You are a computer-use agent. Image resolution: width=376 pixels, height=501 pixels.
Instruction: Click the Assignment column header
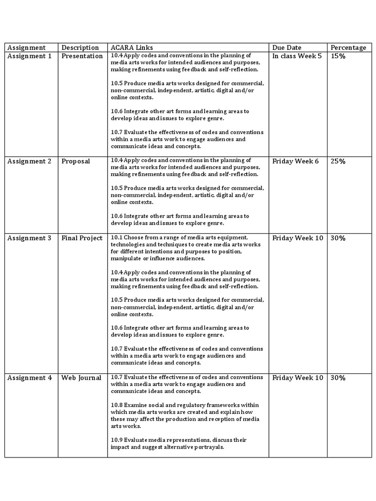[x=26, y=47]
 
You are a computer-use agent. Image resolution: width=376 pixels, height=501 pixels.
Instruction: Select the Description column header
[x=80, y=47]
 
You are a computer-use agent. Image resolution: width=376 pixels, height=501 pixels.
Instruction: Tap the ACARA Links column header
[x=132, y=47]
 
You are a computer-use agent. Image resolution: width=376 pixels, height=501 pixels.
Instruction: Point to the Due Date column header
[x=287, y=47]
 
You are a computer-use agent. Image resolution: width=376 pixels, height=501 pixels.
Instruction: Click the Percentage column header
[x=348, y=47]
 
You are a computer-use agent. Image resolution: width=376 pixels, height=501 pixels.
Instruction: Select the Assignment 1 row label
[x=29, y=56]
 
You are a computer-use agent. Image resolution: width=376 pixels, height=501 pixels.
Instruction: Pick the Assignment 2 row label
[x=29, y=161]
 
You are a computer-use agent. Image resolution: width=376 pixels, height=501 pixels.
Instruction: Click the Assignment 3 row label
[x=29, y=238]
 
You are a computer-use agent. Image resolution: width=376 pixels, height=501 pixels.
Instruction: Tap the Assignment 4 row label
[x=29, y=378]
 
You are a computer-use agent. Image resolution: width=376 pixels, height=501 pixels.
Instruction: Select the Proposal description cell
[x=76, y=161]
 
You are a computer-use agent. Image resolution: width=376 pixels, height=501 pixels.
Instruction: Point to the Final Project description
[x=82, y=238]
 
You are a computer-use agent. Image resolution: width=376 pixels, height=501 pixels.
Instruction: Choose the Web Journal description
[x=81, y=378]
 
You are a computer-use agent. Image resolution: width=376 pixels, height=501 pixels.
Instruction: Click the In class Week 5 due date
[x=297, y=56]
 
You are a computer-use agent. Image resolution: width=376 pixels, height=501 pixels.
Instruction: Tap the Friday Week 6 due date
[x=296, y=161]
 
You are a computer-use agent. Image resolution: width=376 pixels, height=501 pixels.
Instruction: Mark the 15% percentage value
[x=338, y=56]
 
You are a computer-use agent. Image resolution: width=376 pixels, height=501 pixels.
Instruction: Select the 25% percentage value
[x=338, y=161]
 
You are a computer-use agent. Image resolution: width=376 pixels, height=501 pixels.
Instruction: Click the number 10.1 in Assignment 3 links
[x=116, y=237]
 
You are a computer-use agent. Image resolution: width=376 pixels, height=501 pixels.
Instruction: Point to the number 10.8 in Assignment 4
[x=117, y=405]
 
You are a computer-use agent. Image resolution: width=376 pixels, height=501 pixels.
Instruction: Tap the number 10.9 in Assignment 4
[x=117, y=440]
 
